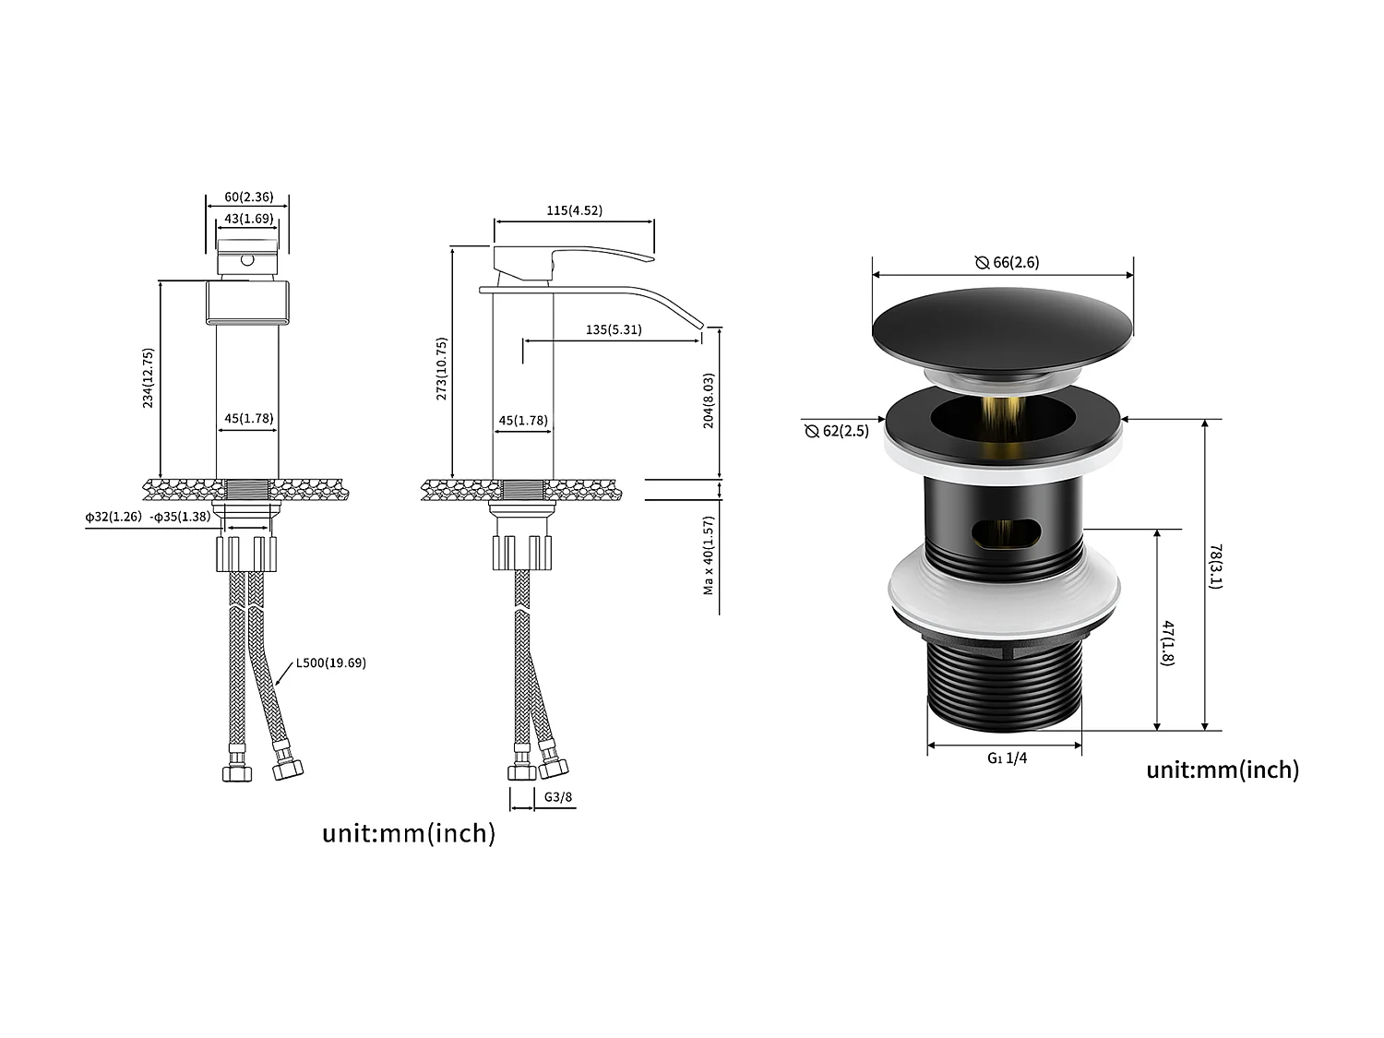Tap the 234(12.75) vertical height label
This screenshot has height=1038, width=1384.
[x=149, y=378]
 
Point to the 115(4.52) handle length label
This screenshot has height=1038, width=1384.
[x=574, y=210]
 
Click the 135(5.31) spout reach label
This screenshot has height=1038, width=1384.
[x=614, y=329]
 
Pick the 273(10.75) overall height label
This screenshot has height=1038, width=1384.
[x=442, y=369]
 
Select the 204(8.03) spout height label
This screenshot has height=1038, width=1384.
[x=709, y=400]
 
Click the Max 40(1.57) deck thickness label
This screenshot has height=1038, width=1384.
[x=709, y=556]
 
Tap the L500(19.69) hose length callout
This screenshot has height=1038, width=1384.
[x=330, y=662]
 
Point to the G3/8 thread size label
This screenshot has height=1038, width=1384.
[x=558, y=797]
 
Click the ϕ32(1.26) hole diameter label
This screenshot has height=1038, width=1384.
[x=113, y=517]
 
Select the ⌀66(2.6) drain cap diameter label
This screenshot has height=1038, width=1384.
[x=1008, y=262]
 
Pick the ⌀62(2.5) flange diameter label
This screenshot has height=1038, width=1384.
[x=837, y=431]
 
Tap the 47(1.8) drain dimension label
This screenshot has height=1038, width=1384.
[x=1168, y=643]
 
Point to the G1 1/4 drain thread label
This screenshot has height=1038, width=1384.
[x=1007, y=758]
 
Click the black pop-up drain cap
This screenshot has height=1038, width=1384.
[x=1002, y=328]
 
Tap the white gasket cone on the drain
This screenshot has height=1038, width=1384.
[x=1004, y=591]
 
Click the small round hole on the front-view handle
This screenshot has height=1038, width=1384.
[x=246, y=260]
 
